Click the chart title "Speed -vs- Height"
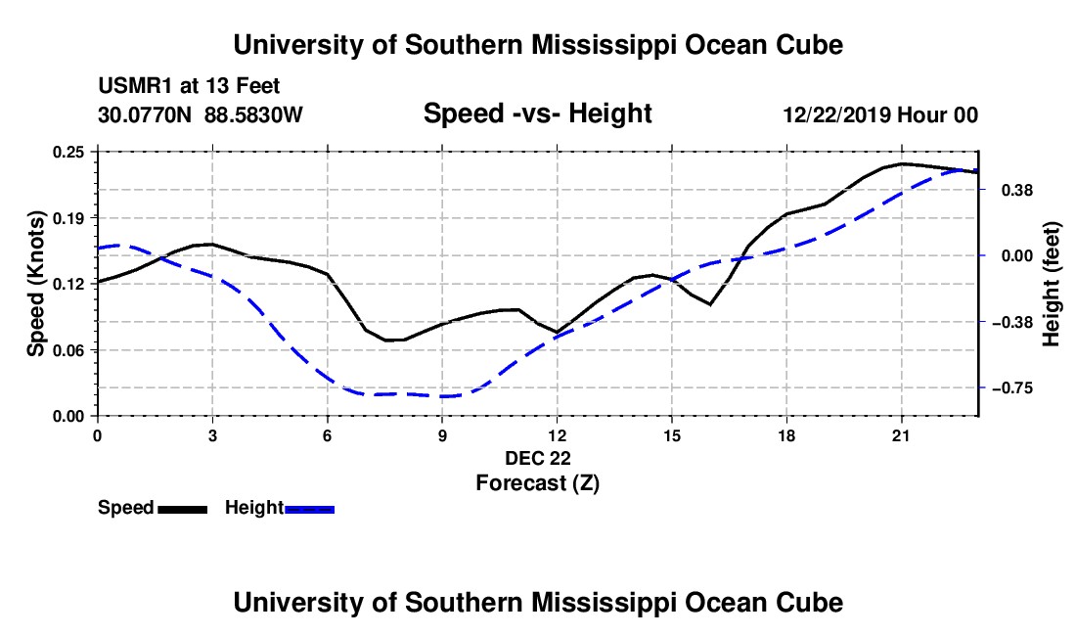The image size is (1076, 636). click(x=537, y=114)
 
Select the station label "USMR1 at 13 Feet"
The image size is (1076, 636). click(x=189, y=86)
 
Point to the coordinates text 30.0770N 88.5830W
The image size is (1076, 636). click(x=200, y=114)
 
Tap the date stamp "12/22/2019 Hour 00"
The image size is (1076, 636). click(x=880, y=114)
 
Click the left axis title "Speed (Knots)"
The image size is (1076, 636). click(x=35, y=284)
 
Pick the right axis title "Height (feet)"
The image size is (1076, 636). click(x=1052, y=284)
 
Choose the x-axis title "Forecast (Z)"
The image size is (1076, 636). click(x=537, y=483)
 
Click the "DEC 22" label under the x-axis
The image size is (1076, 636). click(x=538, y=458)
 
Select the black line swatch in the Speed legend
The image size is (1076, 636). click(x=183, y=509)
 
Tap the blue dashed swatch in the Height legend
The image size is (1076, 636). click(x=309, y=509)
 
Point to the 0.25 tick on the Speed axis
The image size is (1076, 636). click(x=68, y=152)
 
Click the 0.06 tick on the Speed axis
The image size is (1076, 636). click(x=68, y=350)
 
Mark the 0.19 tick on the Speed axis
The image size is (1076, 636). click(x=68, y=218)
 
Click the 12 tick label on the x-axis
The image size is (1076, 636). click(x=558, y=435)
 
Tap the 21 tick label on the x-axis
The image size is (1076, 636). click(x=901, y=435)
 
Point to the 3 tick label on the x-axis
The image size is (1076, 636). click(x=212, y=435)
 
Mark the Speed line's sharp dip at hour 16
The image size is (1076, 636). click(x=710, y=304)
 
